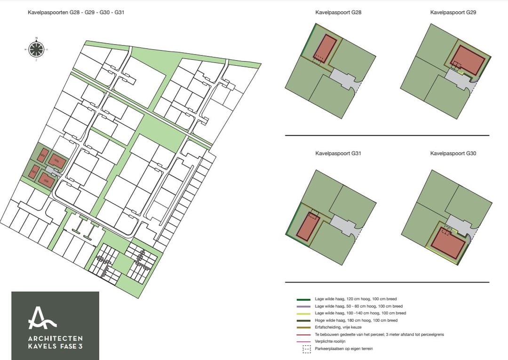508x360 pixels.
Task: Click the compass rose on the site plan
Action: click(x=36, y=48)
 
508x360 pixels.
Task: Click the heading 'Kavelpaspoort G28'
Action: click(x=338, y=13)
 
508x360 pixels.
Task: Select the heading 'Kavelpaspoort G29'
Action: click(x=453, y=13)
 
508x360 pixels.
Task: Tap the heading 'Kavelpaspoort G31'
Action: click(x=338, y=154)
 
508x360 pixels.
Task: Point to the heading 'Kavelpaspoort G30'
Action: click(x=453, y=154)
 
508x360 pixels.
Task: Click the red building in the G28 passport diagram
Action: click(x=325, y=48)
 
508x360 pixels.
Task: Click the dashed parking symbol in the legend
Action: click(x=307, y=349)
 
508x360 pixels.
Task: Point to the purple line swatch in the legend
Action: click(x=303, y=306)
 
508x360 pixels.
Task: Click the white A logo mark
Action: click(x=42, y=318)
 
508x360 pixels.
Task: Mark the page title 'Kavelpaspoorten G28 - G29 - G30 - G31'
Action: click(x=76, y=13)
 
